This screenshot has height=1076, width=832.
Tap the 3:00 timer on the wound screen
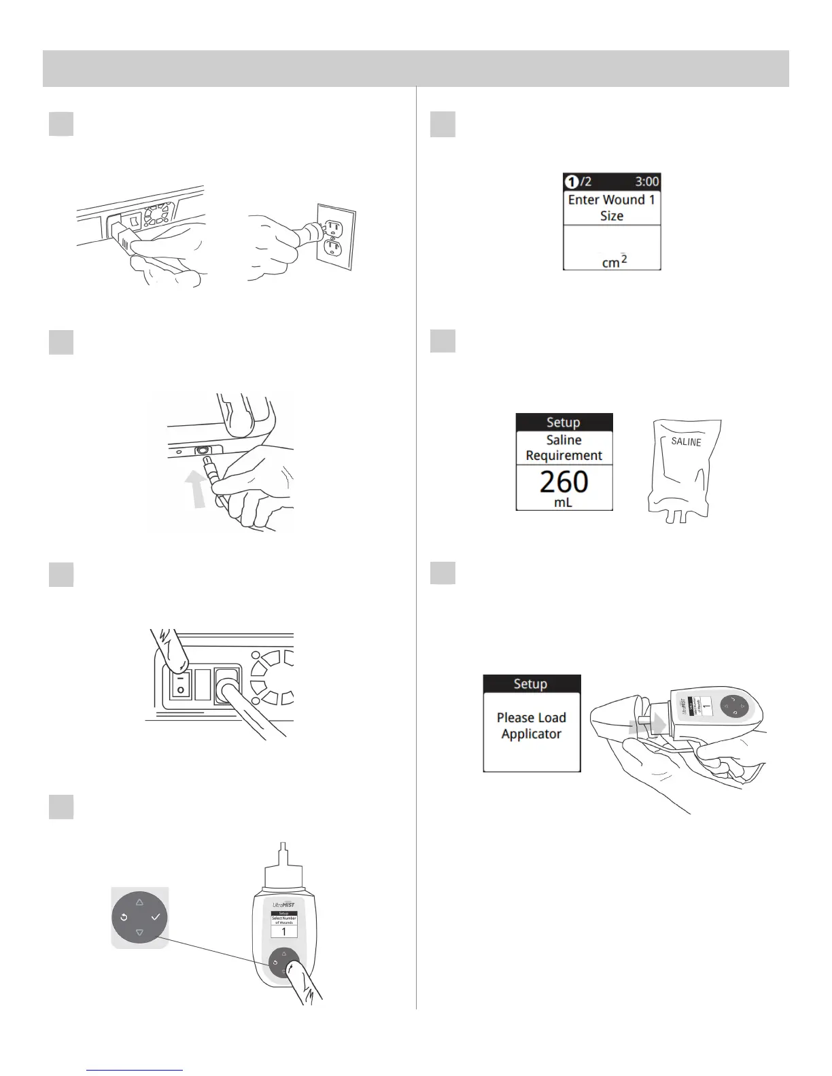pos(646,182)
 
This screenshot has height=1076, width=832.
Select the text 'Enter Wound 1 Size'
pos(611,208)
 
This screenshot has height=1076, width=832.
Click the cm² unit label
pos(614,261)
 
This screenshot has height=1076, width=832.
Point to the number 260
pos(564,482)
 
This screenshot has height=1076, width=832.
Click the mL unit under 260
pos(564,503)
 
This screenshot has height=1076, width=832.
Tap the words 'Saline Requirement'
pos(564,448)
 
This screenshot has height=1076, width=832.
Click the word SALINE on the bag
pos(686,442)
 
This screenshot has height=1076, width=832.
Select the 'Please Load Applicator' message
pos(531,725)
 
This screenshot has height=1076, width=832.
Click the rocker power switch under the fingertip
pos(179,683)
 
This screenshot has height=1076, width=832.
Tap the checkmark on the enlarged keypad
pos(156,917)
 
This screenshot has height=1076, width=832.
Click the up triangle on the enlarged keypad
pos(139,902)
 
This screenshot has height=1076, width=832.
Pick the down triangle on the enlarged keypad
pos(139,933)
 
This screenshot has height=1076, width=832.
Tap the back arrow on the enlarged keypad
pos(124,917)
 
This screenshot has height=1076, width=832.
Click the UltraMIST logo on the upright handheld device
pos(283,904)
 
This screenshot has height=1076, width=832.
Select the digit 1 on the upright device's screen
pos(284,932)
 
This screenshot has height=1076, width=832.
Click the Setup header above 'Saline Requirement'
pos(564,423)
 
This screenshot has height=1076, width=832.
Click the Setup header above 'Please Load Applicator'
pos(531,684)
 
